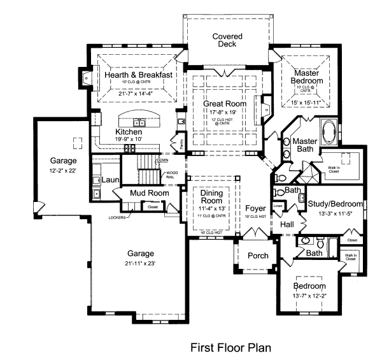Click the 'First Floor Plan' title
click(x=231, y=348)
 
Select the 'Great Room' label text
click(x=224, y=103)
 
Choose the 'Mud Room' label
click(x=149, y=193)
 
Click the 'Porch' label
click(x=258, y=256)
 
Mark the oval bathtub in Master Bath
click(x=330, y=133)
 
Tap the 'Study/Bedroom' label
click(x=335, y=204)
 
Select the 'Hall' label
click(x=287, y=224)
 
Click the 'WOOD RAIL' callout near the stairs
click(x=172, y=175)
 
